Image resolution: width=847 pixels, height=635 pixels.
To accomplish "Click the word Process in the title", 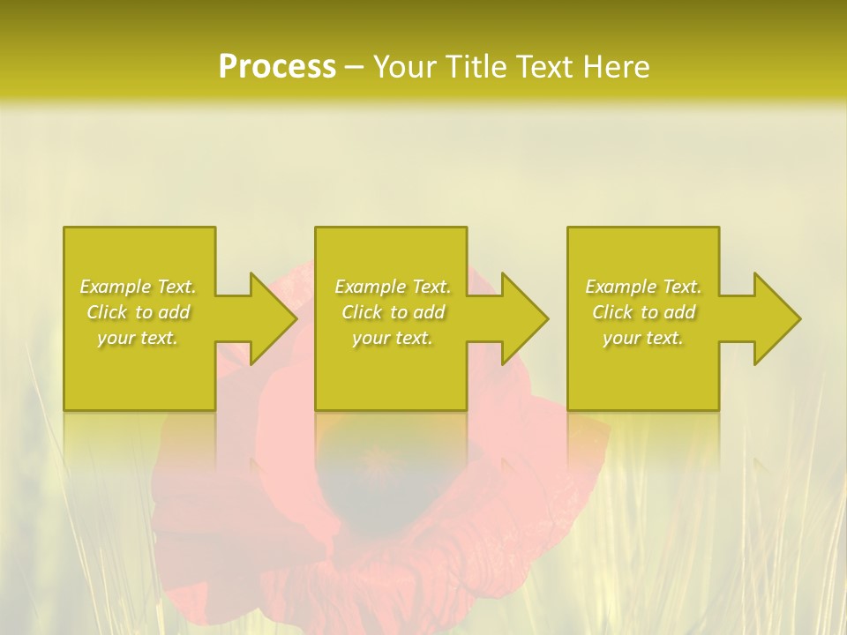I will pyautogui.click(x=277, y=67).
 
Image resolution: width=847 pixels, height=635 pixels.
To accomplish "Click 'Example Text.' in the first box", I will pyautogui.click(x=138, y=287).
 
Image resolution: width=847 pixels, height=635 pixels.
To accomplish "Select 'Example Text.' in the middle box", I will pyautogui.click(x=393, y=287).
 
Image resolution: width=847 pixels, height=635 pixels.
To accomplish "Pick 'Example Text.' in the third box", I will pyautogui.click(x=643, y=287).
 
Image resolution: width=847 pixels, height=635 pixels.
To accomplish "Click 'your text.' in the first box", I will pyautogui.click(x=138, y=338).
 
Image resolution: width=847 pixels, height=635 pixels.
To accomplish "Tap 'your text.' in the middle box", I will pyautogui.click(x=393, y=338).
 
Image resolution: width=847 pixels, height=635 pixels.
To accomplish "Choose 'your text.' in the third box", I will pyautogui.click(x=643, y=338).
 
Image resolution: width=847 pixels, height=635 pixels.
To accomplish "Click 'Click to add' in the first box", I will pyautogui.click(x=138, y=312).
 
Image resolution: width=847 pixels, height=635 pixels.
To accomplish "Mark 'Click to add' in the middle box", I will pyautogui.click(x=393, y=312).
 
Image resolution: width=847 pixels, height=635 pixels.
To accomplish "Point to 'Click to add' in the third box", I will pyautogui.click(x=643, y=312).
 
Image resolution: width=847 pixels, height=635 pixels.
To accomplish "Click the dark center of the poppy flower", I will pyautogui.click(x=375, y=476).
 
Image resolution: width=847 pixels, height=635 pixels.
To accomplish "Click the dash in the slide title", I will pyautogui.click(x=354, y=68).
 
